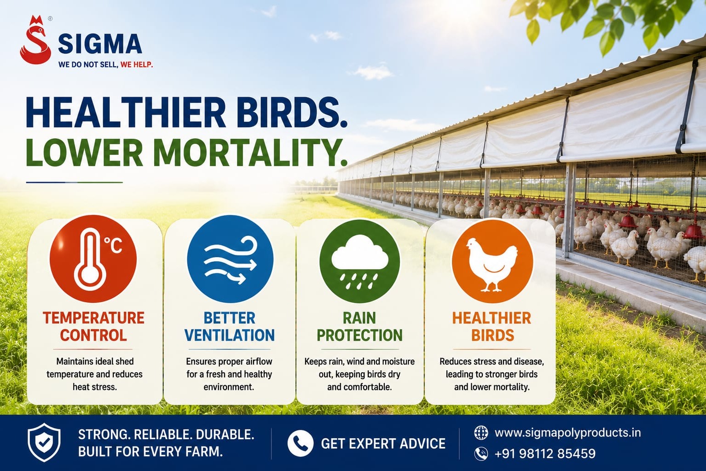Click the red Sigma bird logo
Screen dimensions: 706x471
coord(35,40)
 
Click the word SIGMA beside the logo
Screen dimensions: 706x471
coord(100,44)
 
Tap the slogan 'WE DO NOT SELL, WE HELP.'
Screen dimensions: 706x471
coord(105,65)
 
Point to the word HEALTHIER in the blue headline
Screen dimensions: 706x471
coord(126,113)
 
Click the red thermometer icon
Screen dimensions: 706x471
coord(93,259)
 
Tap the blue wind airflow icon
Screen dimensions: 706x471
coord(230,259)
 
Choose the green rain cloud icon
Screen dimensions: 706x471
coord(359,261)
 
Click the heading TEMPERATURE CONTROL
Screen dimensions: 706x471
coord(93,326)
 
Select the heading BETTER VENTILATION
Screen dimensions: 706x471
coord(230,326)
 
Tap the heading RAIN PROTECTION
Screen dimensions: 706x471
coord(359,326)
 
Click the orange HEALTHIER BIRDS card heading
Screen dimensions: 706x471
coord(492,326)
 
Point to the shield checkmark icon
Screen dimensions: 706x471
coord(44,442)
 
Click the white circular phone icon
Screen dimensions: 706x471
coord(301,443)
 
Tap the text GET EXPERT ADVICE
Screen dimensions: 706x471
coord(383,443)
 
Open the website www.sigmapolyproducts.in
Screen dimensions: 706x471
coord(567,432)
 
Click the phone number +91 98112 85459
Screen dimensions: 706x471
coord(545,453)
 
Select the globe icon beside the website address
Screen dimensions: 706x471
coord(481,432)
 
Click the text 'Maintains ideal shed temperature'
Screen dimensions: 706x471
coord(94,368)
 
